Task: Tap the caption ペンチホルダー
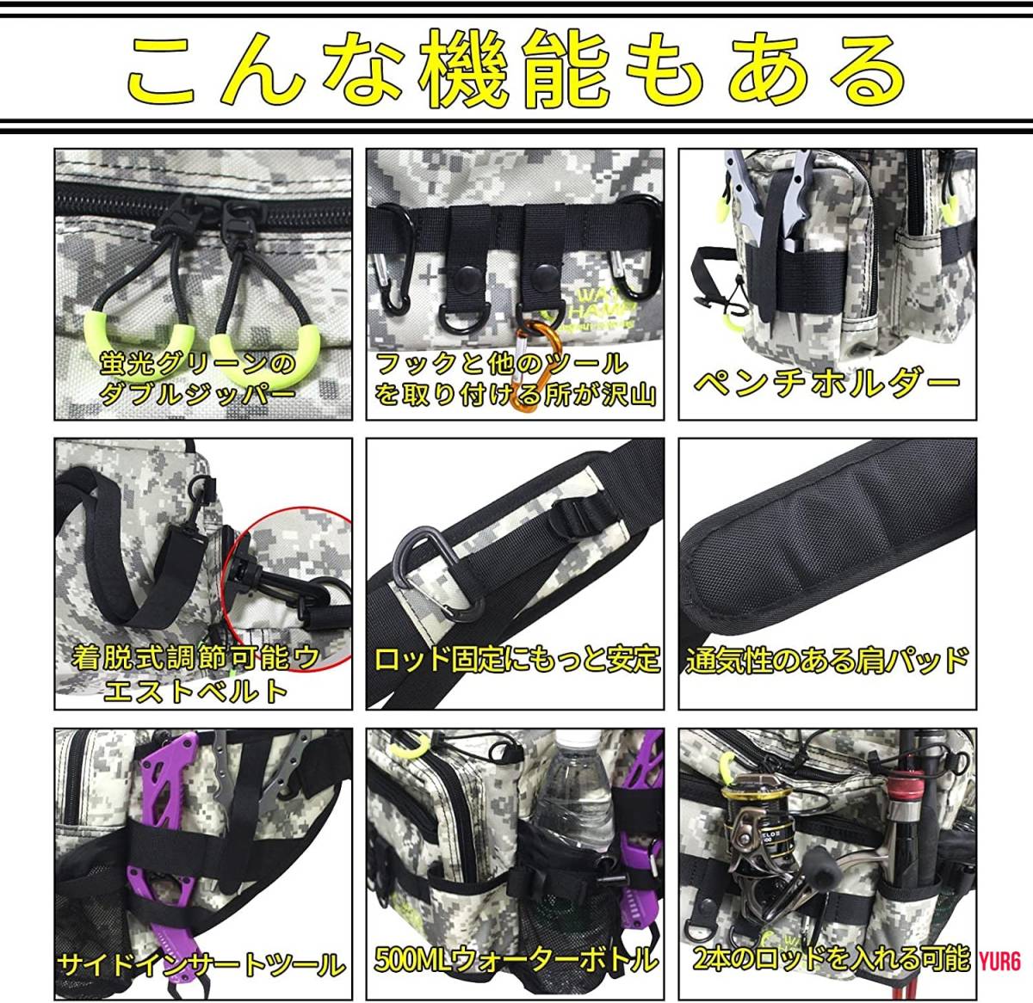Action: click(826, 382)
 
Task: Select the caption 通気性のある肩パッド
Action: click(827, 661)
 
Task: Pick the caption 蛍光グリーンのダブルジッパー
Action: click(197, 378)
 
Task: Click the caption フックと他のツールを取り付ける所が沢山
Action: click(515, 379)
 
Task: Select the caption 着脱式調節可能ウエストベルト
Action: click(195, 674)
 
